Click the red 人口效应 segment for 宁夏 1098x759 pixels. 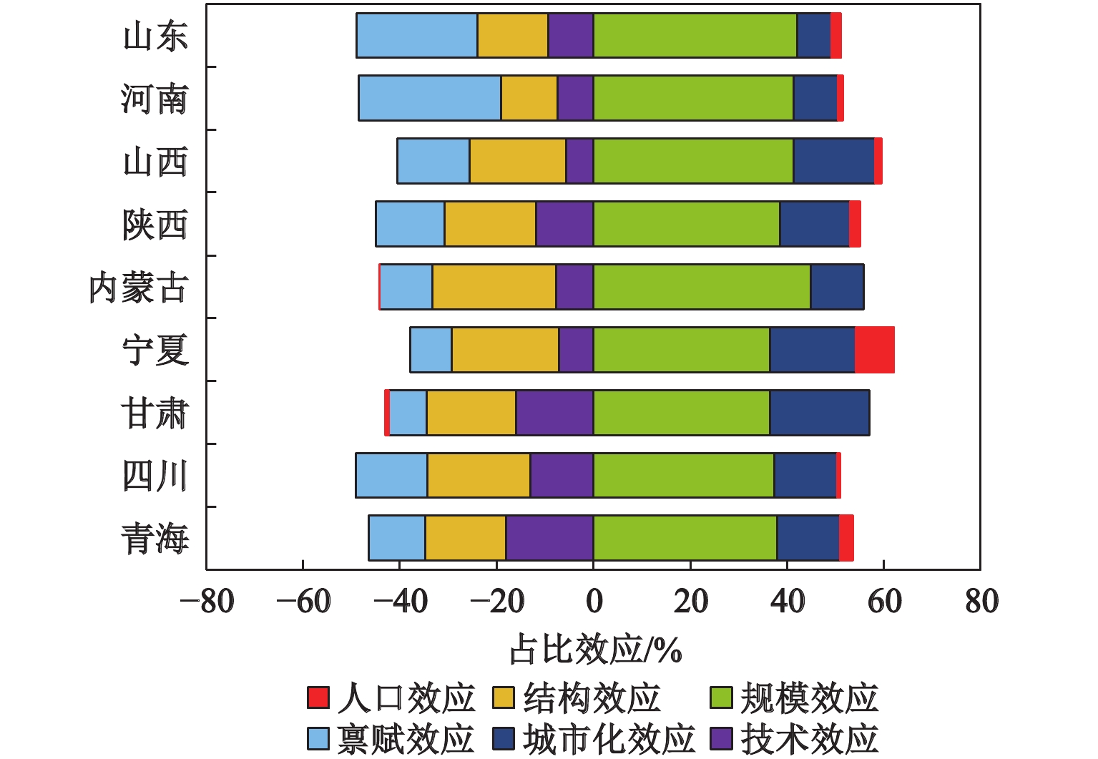[x=874, y=350]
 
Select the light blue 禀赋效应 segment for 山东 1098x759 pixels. [x=417, y=35]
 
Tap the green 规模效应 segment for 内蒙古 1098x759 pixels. [x=702, y=287]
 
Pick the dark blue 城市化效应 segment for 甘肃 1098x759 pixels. [x=820, y=413]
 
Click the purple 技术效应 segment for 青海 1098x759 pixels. [x=549, y=538]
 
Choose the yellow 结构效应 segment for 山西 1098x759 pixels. [x=517, y=161]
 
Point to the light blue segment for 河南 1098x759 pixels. [x=429, y=98]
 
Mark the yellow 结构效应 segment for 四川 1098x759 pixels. [x=479, y=475]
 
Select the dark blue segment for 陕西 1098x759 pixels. [x=814, y=224]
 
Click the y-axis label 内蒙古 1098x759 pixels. [x=138, y=288]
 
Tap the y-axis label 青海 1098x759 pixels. [x=155, y=539]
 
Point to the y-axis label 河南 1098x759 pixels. [x=155, y=99]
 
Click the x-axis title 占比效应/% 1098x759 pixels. [x=595, y=650]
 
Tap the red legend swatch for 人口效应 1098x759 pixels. [x=318, y=697]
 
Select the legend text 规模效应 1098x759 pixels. [x=809, y=698]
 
